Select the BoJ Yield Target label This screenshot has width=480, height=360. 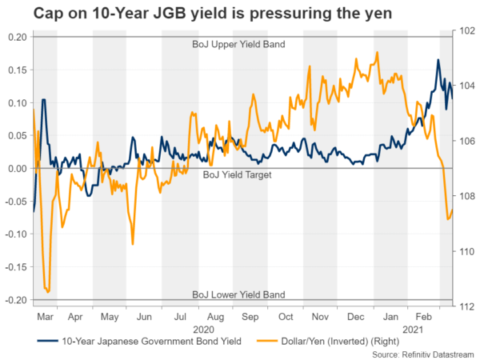pyautogui.click(x=233, y=174)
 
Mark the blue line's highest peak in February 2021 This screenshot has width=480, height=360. pyautogui.click(x=438, y=60)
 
